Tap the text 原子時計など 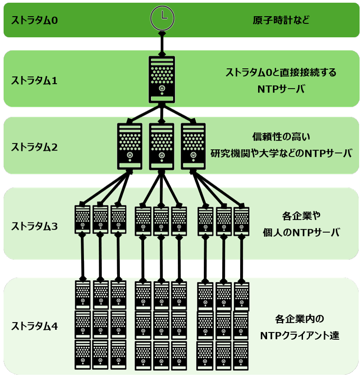(281, 20)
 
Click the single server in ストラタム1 (162, 79)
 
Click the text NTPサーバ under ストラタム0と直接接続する (281, 89)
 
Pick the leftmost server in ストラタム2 (130, 146)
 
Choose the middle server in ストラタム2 (162, 146)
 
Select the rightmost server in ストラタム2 (193, 146)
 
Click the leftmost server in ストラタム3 (83, 219)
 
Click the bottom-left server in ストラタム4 (83, 355)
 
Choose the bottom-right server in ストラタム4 (241, 355)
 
